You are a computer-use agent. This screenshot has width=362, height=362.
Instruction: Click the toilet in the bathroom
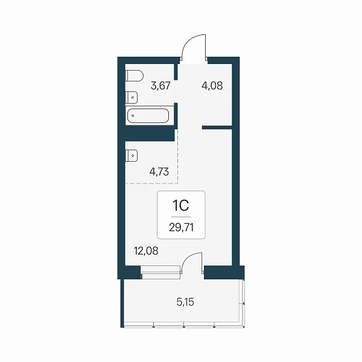tap(135, 75)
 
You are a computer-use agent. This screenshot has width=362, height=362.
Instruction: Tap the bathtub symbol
tap(148, 116)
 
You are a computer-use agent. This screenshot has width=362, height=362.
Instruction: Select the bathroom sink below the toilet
tap(132, 97)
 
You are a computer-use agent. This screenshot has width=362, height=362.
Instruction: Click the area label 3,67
tap(160, 86)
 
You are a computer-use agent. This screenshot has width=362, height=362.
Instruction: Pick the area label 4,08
tap(212, 86)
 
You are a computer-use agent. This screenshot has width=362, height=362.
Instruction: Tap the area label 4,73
tap(159, 172)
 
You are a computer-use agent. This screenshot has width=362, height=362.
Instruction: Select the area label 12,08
tap(146, 251)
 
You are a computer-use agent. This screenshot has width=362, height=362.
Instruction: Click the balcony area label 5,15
tap(185, 302)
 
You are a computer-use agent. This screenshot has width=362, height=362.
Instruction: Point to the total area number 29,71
tap(181, 227)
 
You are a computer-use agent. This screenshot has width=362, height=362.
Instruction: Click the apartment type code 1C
tap(181, 205)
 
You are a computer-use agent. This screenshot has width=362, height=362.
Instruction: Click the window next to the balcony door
tap(160, 273)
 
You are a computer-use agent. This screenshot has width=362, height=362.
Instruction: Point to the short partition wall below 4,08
tap(217, 127)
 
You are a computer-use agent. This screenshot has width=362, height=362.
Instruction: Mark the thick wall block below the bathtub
tap(150, 135)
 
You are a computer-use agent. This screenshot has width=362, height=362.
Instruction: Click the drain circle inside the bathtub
tap(133, 116)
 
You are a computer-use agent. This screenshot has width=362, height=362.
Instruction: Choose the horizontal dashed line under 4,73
tap(151, 183)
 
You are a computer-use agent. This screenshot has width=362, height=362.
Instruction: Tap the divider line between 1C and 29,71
tap(181, 217)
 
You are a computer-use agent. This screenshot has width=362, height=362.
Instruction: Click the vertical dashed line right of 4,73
tap(178, 156)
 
